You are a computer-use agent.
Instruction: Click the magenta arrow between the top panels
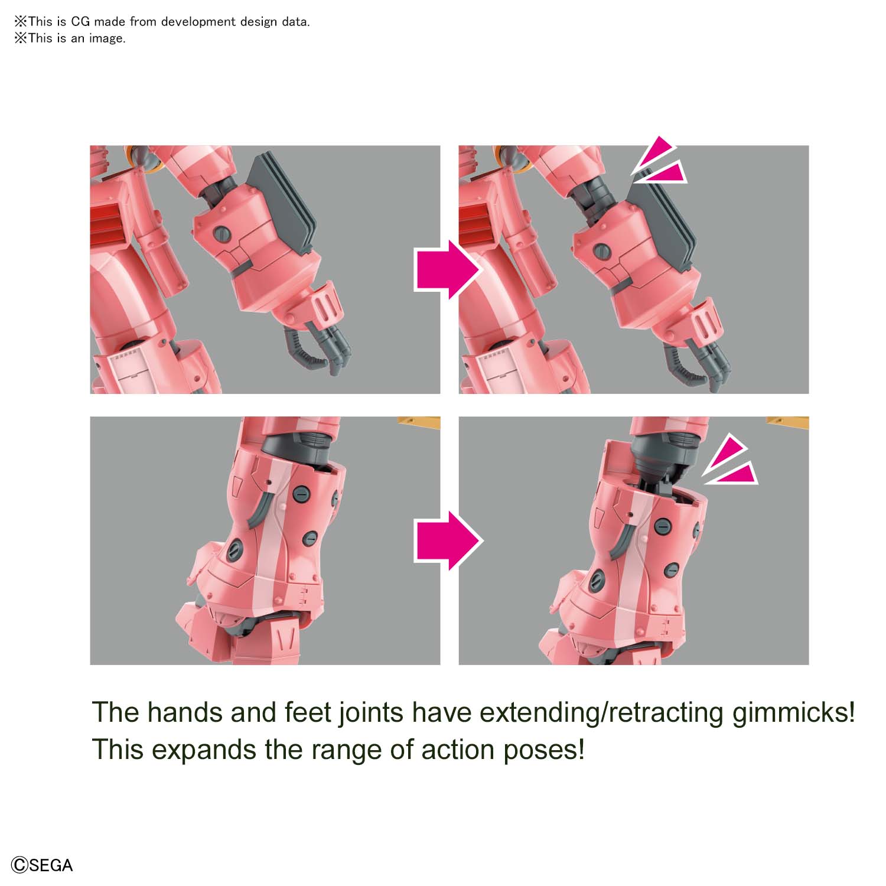coord(448,270)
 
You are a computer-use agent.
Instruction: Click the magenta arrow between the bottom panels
coord(448,540)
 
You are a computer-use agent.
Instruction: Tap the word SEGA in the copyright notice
coord(51,865)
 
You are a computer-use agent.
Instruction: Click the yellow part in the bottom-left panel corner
coord(419,422)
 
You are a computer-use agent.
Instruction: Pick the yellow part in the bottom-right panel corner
coord(788,422)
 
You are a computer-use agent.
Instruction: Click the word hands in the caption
coord(183,712)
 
